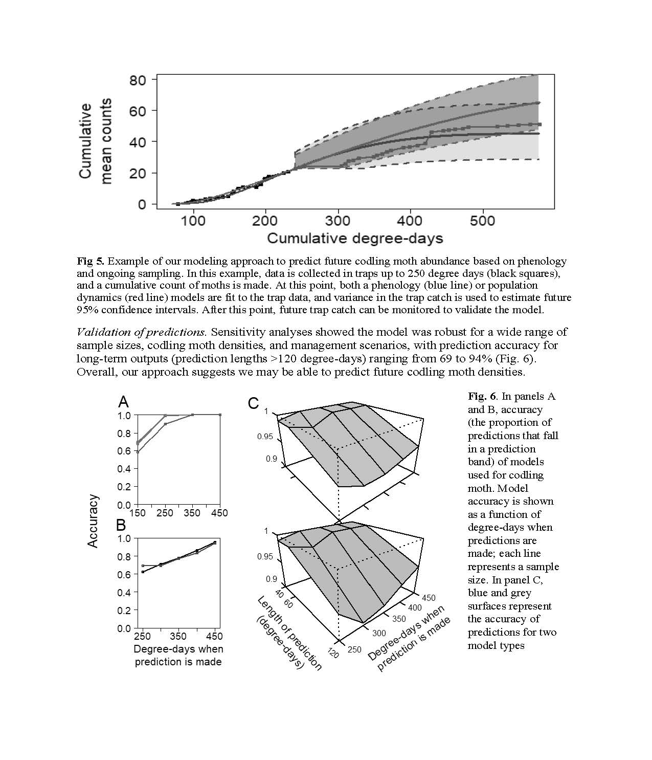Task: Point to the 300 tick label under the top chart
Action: [x=338, y=221]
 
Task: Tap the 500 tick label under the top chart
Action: [x=483, y=221]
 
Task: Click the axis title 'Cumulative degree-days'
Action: [x=355, y=238]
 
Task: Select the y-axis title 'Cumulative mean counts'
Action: [x=96, y=142]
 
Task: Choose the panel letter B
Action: [x=121, y=525]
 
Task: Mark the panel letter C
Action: [x=254, y=403]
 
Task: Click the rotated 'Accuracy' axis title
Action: [x=93, y=521]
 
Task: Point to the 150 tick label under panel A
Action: [x=137, y=513]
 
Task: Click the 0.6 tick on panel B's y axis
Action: [x=125, y=574]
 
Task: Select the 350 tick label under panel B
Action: [x=178, y=636]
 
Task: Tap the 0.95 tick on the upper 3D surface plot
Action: [x=264, y=437]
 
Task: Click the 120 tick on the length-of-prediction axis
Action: [x=333, y=653]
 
